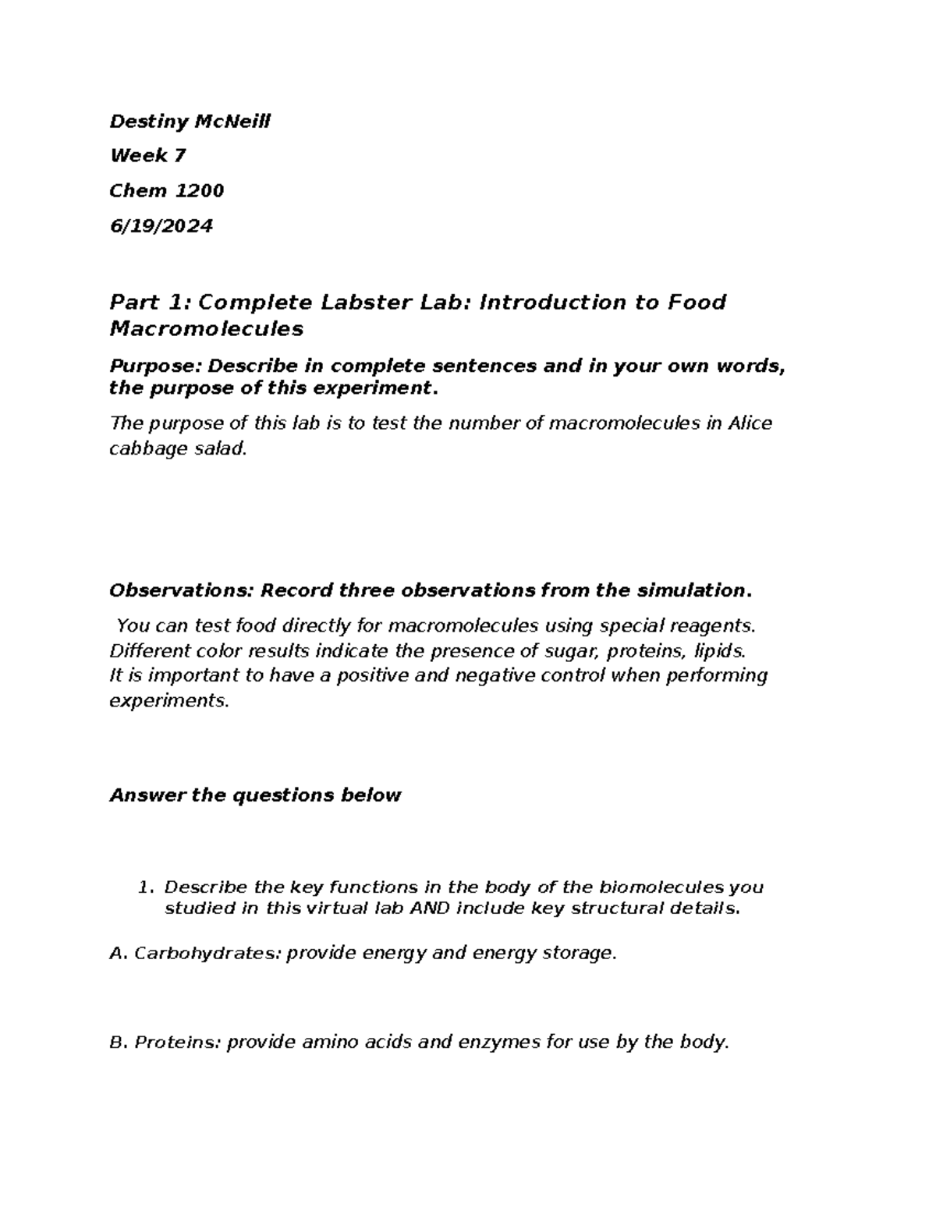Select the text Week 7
[x=148, y=156]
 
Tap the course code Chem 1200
[x=167, y=191]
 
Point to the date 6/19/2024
[x=161, y=226]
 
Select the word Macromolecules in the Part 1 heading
[x=206, y=329]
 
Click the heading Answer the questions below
[x=255, y=795]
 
